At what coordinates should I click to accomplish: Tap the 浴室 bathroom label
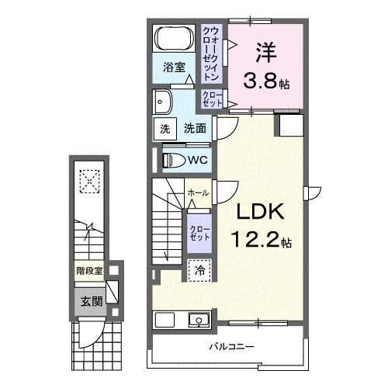click(173, 68)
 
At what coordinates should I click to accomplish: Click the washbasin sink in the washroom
click(164, 101)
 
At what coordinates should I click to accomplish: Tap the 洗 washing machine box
click(165, 129)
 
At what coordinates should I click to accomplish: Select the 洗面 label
click(195, 129)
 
